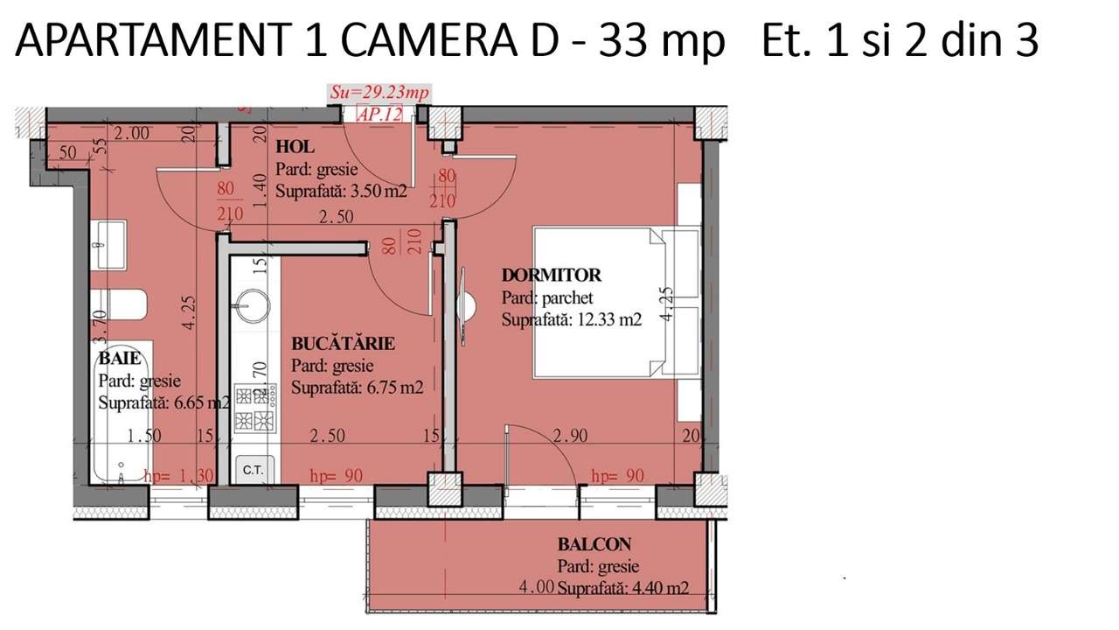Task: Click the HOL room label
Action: pos(295,147)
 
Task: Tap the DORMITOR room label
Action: pos(551,276)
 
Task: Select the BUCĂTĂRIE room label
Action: pos(343,343)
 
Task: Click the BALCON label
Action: pos(594,544)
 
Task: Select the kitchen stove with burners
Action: pos(255,408)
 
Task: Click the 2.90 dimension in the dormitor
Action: pos(570,436)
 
